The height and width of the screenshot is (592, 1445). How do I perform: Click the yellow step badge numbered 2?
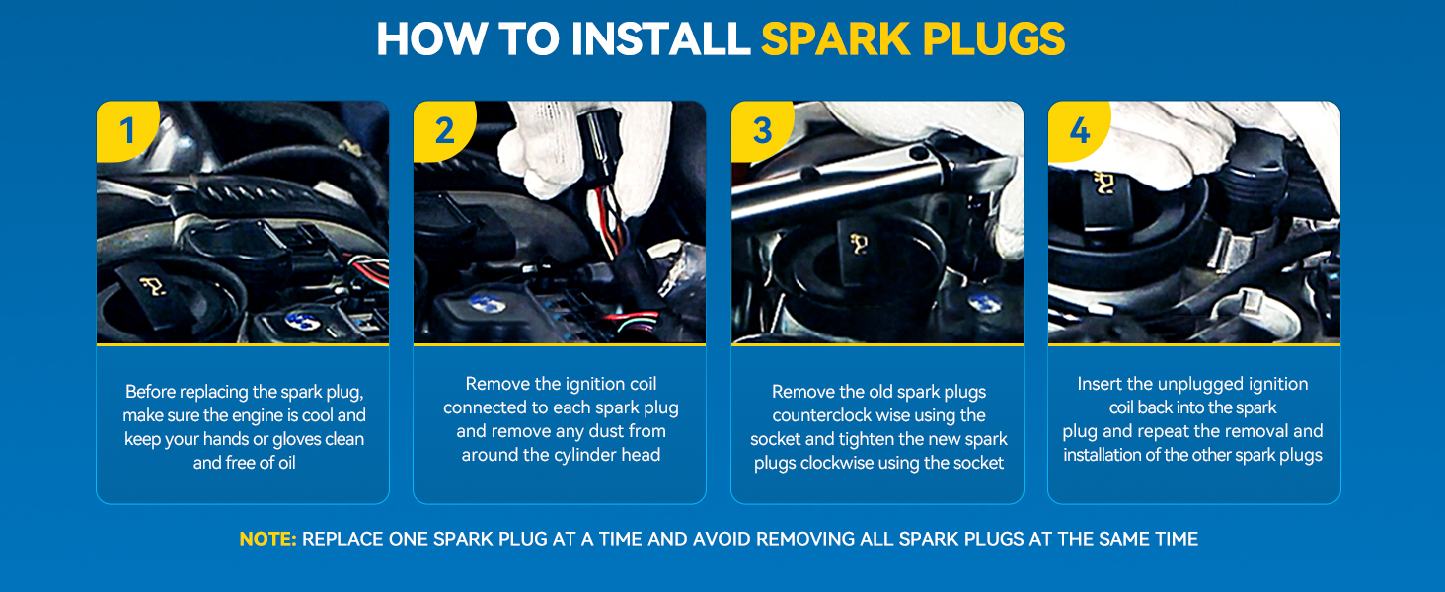(x=444, y=130)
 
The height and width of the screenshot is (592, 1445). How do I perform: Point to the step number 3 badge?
(x=762, y=130)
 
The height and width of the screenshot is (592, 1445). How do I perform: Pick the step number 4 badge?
(x=1079, y=130)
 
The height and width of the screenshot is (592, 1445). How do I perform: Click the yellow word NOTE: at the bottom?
(x=267, y=539)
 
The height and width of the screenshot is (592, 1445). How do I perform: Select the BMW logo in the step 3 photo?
(x=984, y=302)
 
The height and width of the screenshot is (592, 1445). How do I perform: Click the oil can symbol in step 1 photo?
(x=152, y=285)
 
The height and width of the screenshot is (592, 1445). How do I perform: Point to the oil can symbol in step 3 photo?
(x=859, y=243)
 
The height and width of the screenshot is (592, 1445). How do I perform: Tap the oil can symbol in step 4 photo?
(x=1104, y=184)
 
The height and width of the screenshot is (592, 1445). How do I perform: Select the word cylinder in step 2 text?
(x=586, y=455)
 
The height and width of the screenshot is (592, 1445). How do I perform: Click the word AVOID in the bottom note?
(x=722, y=539)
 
